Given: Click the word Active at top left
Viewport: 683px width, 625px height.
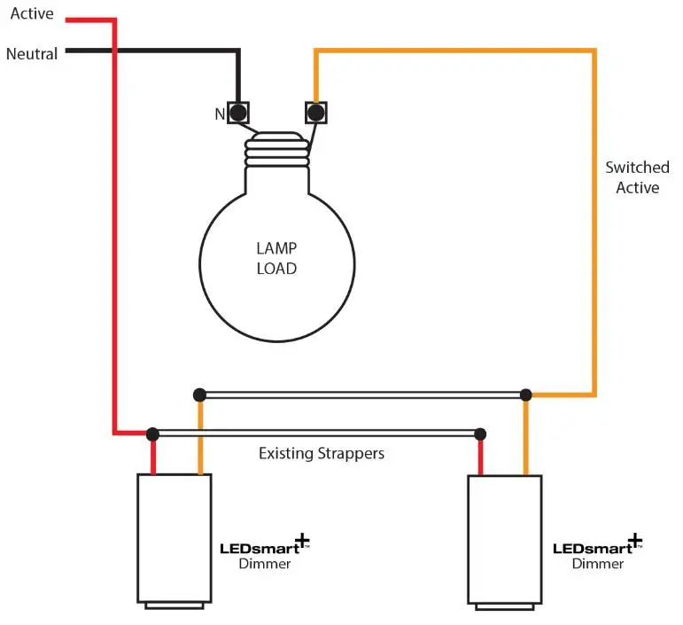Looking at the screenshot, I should tap(32, 14).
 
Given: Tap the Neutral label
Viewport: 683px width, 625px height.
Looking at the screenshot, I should tap(32, 54).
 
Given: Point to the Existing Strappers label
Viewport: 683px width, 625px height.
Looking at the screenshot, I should tap(322, 454).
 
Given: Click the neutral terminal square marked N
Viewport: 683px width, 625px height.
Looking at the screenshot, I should tap(238, 113).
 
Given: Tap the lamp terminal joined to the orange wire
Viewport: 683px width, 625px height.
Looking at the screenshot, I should tap(314, 113).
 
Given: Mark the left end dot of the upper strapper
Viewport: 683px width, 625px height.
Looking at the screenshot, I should tap(200, 394).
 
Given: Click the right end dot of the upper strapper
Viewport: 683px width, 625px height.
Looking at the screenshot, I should tap(525, 394).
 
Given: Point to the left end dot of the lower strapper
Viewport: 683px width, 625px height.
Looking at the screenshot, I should tap(152, 434).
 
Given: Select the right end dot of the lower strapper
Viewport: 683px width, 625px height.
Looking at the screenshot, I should tap(480, 434).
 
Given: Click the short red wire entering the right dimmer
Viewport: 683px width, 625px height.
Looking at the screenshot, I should tap(480, 457).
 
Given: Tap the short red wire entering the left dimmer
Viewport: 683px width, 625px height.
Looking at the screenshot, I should tap(152, 457).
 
